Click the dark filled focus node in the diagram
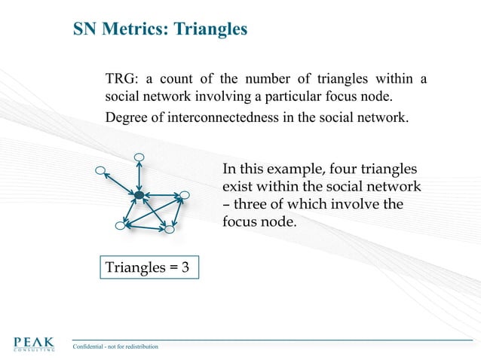[139, 196]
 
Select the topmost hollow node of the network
[139, 157]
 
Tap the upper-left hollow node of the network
[100, 170]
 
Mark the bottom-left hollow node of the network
[119, 225]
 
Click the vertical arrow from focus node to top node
[139, 177]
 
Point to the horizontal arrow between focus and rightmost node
[161, 197]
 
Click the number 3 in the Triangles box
[185, 267]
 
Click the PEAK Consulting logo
[33, 344]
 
